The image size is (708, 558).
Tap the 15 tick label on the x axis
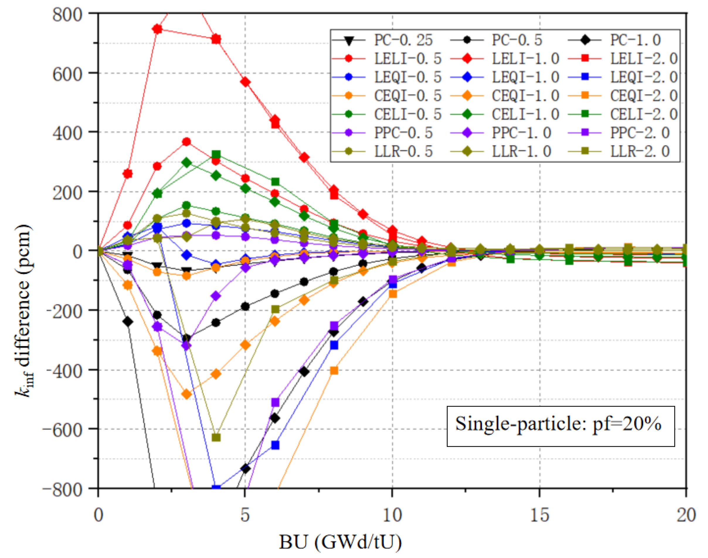click(539, 515)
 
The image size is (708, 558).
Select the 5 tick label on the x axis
click(245, 515)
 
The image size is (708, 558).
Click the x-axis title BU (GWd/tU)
click(340, 542)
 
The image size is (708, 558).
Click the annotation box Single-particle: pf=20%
click(560, 426)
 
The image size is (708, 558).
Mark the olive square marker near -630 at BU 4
click(216, 437)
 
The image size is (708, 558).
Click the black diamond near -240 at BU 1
click(128, 322)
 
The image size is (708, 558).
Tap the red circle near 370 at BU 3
click(186, 141)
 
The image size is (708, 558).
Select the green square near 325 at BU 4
click(216, 154)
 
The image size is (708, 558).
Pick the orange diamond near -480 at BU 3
click(186, 394)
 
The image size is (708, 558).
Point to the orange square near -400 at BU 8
click(334, 371)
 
